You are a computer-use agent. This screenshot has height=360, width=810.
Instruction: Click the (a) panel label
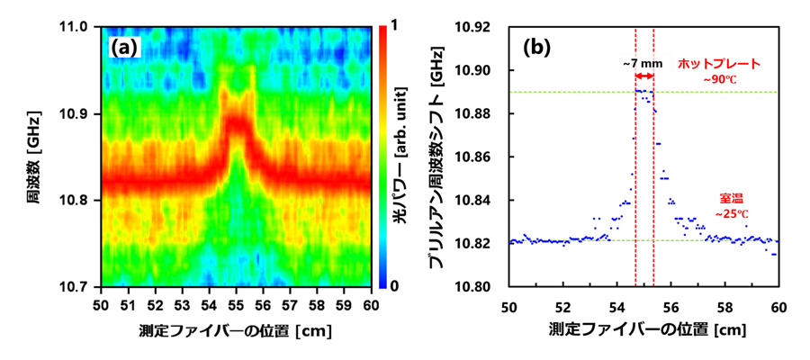[123, 47]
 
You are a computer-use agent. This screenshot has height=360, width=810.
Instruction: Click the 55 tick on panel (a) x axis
[237, 304]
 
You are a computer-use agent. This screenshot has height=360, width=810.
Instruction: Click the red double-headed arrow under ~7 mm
[644, 79]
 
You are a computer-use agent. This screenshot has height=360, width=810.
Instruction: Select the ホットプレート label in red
[719, 64]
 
